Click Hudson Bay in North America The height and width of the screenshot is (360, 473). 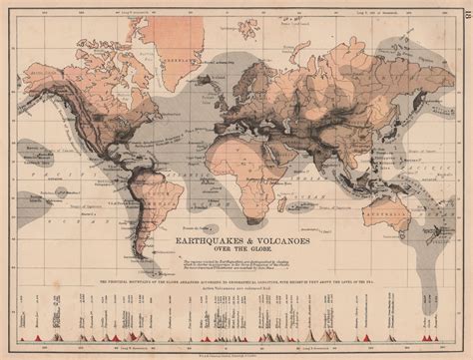tap(120, 70)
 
